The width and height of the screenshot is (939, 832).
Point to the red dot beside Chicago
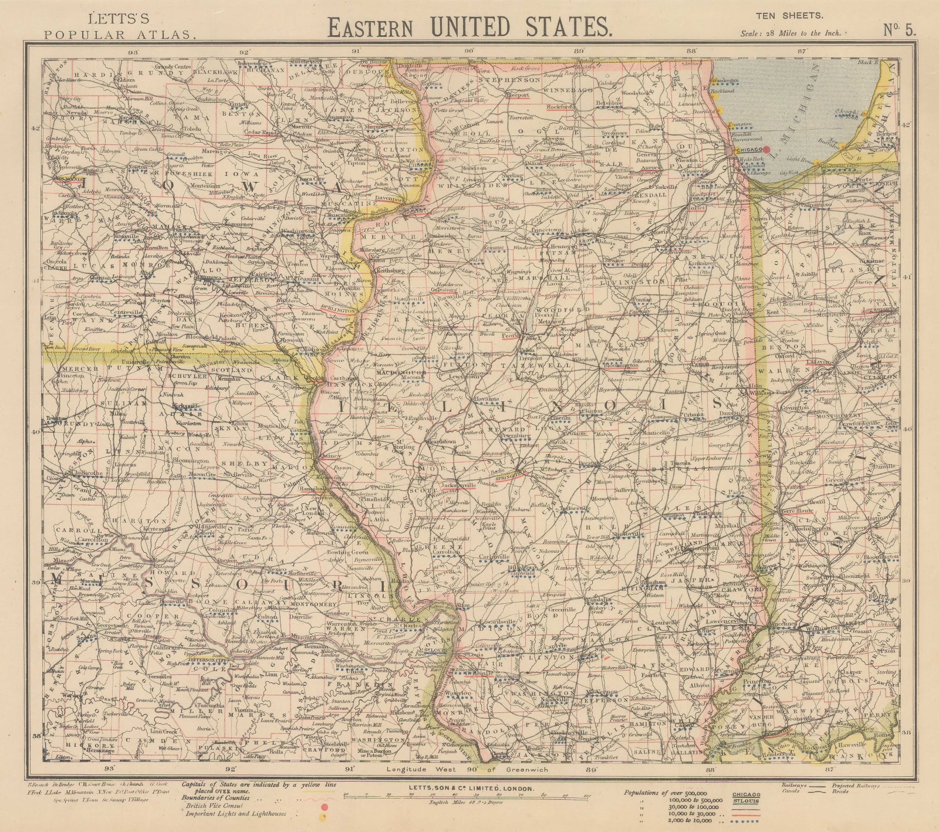[766, 150]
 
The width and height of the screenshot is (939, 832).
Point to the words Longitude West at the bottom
[414, 769]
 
